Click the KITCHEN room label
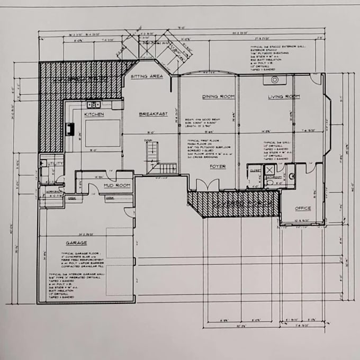pyautogui.click(x=94, y=114)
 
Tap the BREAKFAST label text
pyautogui.click(x=153, y=114)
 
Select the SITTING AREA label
pyautogui.click(x=146, y=77)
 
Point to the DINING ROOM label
pyautogui.click(x=218, y=97)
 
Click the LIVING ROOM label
pyautogui.click(x=284, y=97)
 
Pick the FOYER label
pyautogui.click(x=218, y=167)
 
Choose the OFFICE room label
pyautogui.click(x=302, y=208)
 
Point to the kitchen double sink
pyautogui.click(x=94, y=105)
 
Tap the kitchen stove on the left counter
pyautogui.click(x=69, y=129)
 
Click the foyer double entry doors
pyautogui.click(x=208, y=185)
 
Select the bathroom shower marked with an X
pyautogui.click(x=269, y=170)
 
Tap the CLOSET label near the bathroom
pyautogui.click(x=254, y=170)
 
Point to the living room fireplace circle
pyautogui.click(x=275, y=80)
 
